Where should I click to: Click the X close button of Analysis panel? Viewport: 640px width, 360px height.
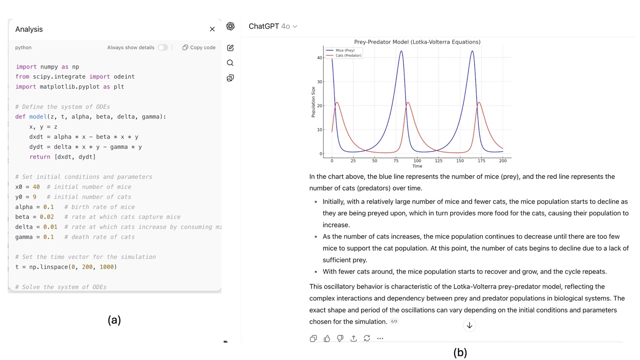point(212,29)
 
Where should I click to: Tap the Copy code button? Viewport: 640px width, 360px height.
point(199,47)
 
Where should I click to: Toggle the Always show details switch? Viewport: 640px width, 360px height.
point(163,47)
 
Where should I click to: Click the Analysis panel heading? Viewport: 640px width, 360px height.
point(29,29)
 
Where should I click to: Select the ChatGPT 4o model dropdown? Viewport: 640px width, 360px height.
point(273,26)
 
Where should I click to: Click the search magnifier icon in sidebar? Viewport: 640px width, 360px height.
point(230,63)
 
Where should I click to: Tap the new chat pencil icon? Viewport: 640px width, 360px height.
point(230,48)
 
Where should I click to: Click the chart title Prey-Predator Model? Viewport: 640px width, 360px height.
point(417,42)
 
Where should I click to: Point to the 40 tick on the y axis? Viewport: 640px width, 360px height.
point(320,58)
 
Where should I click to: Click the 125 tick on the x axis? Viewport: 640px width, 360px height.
point(439,161)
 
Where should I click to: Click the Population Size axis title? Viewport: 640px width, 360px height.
point(313,102)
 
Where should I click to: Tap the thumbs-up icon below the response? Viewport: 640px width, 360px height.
point(327,339)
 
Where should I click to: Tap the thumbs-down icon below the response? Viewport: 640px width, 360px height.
point(340,339)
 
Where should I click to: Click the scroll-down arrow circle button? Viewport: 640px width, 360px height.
point(469,326)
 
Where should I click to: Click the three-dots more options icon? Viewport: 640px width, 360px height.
point(380,339)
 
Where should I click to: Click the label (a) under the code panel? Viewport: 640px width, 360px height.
point(114,320)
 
